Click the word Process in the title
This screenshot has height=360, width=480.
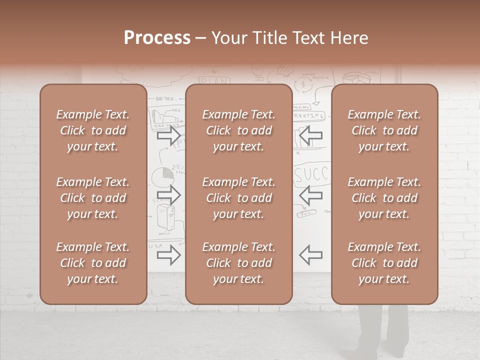[x=157, y=38]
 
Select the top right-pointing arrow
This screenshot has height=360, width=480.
[x=168, y=135]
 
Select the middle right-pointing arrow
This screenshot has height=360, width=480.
[x=168, y=194]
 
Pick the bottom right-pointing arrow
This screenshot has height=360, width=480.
[x=168, y=255]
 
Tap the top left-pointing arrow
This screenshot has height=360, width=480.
[x=310, y=135]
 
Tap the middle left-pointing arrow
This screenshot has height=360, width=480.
[x=310, y=194]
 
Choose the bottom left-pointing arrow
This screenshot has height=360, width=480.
[x=310, y=255]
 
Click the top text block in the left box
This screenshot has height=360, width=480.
[x=93, y=130]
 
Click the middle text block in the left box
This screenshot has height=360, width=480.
[x=93, y=198]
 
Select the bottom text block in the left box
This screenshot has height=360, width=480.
[x=93, y=263]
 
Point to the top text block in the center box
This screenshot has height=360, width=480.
[x=238, y=130]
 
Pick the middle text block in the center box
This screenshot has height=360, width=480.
[x=238, y=198]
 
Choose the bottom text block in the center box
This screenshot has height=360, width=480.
[x=238, y=263]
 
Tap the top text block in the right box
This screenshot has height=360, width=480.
[x=384, y=130]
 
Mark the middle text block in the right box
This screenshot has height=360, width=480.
[x=384, y=198]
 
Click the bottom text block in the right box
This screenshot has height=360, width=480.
[x=384, y=263]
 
